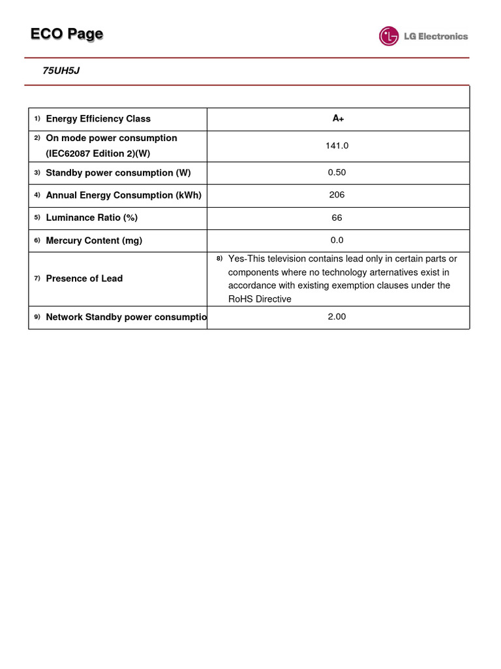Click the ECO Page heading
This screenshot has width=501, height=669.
[x=67, y=35]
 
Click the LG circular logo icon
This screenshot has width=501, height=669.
[x=389, y=36]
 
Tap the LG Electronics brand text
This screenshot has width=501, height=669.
[x=435, y=37]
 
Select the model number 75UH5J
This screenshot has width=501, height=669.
[x=61, y=71]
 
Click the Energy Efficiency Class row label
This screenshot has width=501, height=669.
[x=98, y=119]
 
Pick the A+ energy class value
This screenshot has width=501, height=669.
[x=338, y=119]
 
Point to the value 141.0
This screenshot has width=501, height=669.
[x=337, y=146]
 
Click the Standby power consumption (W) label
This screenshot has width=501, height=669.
[x=118, y=173]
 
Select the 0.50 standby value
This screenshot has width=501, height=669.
[x=337, y=173]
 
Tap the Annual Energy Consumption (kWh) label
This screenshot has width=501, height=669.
[x=123, y=195]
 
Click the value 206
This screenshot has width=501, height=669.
[x=337, y=195]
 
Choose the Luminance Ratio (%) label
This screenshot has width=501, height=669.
[x=91, y=218]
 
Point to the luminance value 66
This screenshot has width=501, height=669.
[x=337, y=218]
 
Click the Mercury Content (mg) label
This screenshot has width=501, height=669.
[x=94, y=240]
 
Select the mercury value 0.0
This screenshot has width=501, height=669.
[x=337, y=240]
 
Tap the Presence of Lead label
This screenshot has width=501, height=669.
[x=84, y=279]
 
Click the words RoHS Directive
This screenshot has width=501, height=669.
[x=260, y=299]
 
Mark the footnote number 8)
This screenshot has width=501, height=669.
[x=220, y=259]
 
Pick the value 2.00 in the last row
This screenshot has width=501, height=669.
[x=337, y=317]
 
